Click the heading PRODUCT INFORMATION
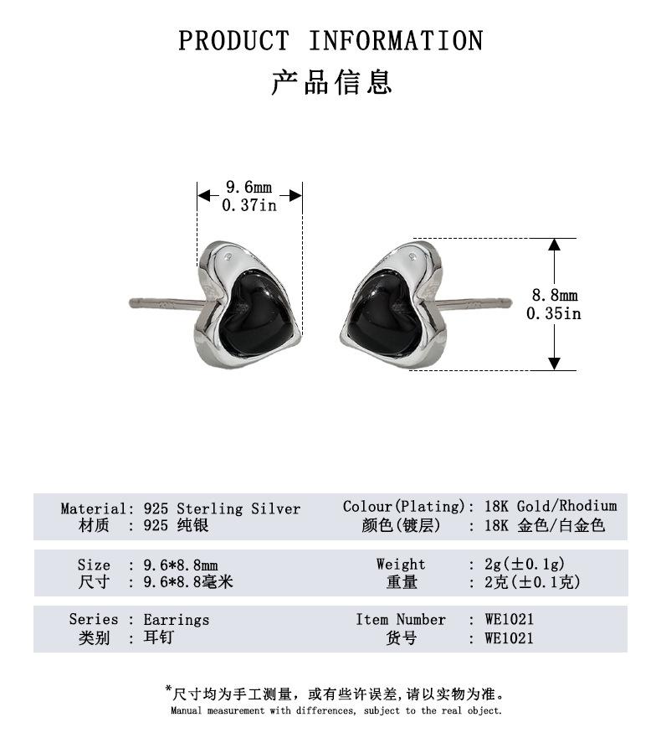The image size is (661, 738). tap(330, 40)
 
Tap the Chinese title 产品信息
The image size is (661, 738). tap(331, 82)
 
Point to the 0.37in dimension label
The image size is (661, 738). tap(249, 205)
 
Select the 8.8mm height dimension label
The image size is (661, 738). tap(555, 296)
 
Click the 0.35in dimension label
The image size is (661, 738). tap(553, 313)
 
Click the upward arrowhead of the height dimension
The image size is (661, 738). tap(554, 245)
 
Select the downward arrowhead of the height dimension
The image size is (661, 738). tap(554, 363)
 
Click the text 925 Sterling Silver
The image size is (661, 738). tap(222, 508)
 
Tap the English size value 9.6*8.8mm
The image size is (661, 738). tap(181, 565)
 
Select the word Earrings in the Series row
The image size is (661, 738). tap(176, 620)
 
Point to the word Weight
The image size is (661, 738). tap(401, 564)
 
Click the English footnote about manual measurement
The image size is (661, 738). tap(336, 710)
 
